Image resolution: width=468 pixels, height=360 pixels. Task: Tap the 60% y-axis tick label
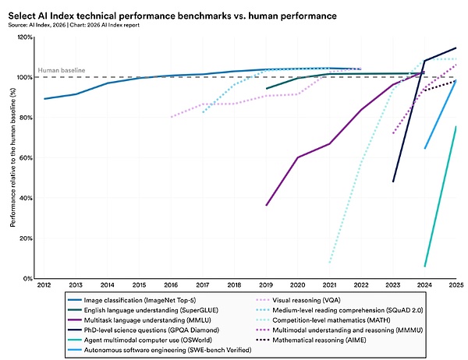(25, 158)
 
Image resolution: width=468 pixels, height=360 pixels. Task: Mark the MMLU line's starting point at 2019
(267, 205)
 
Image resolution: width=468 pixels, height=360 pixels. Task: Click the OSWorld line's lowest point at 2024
(424, 266)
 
